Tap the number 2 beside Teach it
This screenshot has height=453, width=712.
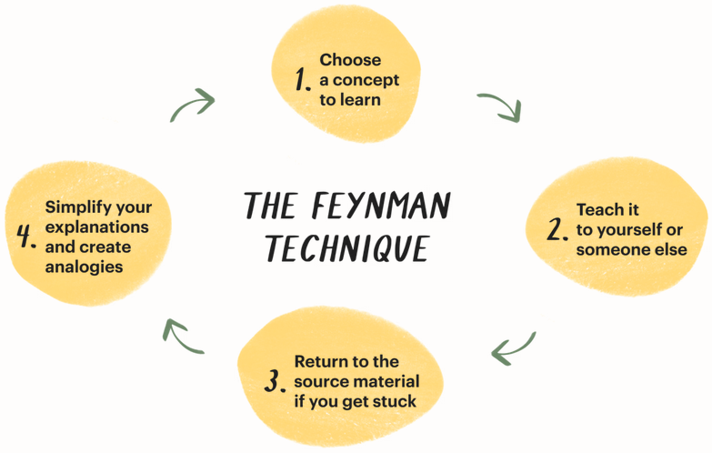coord(557,229)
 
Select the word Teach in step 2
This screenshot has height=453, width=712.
coord(596,210)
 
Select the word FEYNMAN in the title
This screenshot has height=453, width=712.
coord(386,207)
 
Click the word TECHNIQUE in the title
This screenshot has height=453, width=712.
coord(346,247)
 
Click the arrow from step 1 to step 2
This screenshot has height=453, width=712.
coord(499,106)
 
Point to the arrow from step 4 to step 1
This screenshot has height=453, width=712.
coord(193,104)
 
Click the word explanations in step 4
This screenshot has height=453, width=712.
coord(96,227)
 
